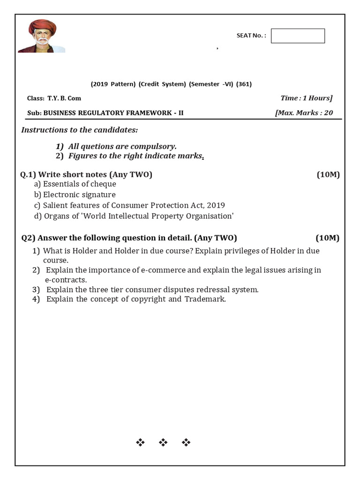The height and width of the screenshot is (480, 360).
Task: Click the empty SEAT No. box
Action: click(298, 36)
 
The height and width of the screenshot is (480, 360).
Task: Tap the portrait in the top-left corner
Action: click(42, 37)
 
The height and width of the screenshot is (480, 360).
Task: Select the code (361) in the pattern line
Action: click(244, 84)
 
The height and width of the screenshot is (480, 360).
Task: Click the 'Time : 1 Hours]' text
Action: click(306, 98)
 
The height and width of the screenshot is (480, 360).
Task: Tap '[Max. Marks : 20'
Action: click(304, 112)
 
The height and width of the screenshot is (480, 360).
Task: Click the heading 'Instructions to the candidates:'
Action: click(80, 130)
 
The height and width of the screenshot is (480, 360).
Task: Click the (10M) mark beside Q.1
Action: click(328, 175)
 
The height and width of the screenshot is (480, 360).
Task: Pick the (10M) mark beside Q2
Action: click(327, 238)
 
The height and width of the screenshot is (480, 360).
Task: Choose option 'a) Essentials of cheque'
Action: click(75, 184)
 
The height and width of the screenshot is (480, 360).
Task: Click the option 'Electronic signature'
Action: click(79, 195)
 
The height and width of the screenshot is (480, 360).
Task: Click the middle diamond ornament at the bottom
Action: click(163, 442)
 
